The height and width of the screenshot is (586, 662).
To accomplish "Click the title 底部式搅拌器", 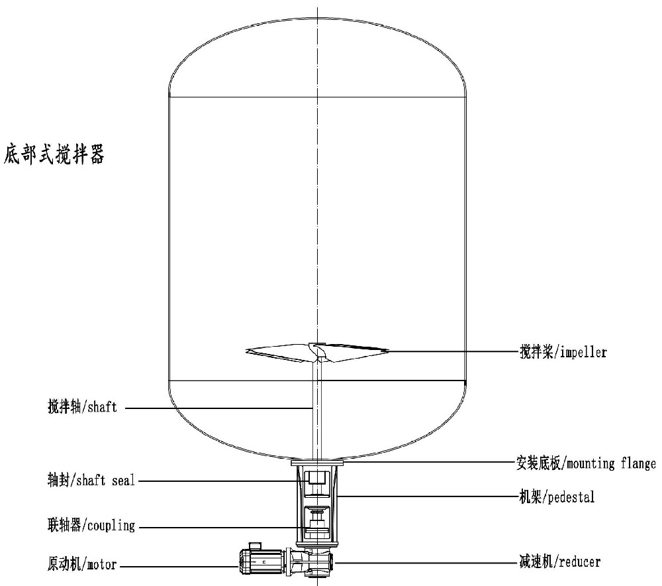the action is tap(54, 154).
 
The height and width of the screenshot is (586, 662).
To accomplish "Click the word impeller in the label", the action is tap(583, 352).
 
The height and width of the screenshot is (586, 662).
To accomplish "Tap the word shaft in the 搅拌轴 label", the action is tap(102, 407).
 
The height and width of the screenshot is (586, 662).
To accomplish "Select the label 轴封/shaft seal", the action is tap(91, 481).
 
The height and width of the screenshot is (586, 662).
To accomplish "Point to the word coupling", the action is tap(111, 526).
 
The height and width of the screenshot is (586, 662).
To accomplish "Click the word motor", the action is tap(102, 564).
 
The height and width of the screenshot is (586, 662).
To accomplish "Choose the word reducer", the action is tap(579, 562).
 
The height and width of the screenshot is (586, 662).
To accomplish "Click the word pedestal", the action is tap(571, 497).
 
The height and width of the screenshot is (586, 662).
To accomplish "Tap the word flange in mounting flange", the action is tap(638, 464).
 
